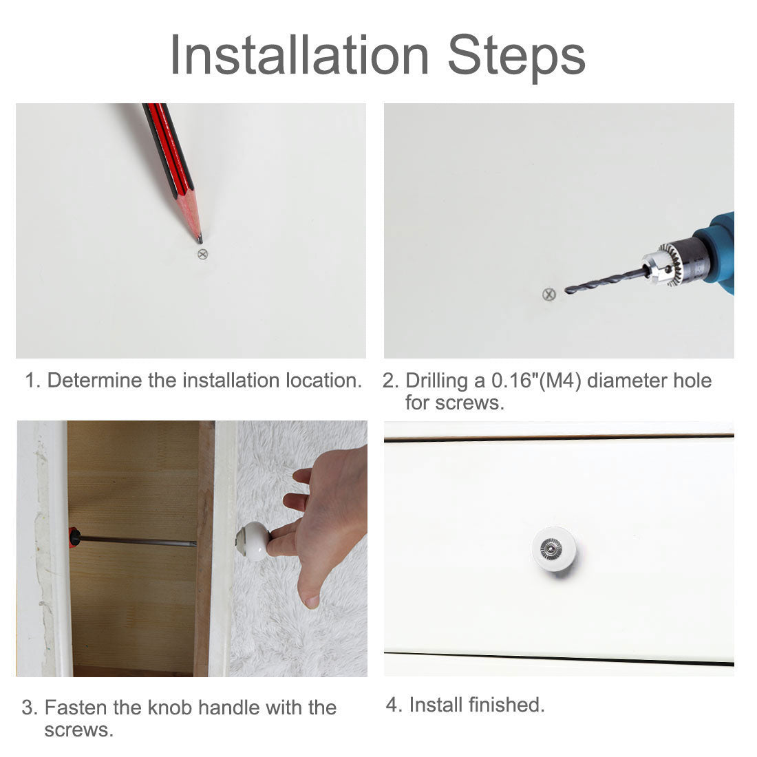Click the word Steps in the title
click(x=517, y=58)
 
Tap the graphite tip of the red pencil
click(x=200, y=239)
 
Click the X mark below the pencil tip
click(x=203, y=254)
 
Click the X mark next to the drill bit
click(x=549, y=294)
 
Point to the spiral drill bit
click(x=606, y=281)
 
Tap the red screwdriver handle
click(x=74, y=536)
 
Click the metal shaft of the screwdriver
click(x=138, y=540)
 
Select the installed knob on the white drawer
click(x=554, y=549)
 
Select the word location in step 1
click(x=323, y=381)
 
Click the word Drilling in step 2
click(x=436, y=382)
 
